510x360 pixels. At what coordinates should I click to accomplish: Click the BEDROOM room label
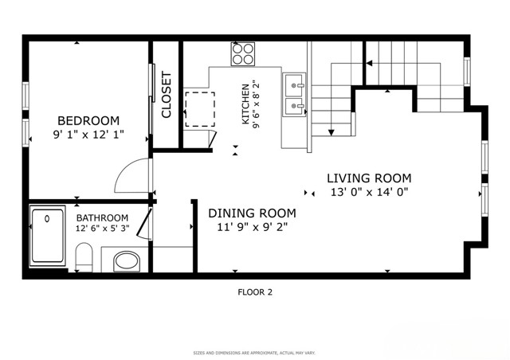coord(88,120)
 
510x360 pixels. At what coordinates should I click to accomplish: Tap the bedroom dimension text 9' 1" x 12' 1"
coord(88,135)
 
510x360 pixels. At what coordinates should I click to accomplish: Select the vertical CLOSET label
coord(167,96)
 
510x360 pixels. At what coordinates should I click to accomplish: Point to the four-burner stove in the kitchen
coord(243,54)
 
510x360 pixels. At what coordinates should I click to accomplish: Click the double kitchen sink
coord(294,94)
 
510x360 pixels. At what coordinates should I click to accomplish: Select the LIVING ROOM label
coord(369,178)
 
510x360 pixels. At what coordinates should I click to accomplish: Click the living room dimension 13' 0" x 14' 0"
coord(369,193)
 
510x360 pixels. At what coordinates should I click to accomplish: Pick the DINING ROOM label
coord(252,213)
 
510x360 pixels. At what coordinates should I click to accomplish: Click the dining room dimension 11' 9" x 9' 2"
coord(252,228)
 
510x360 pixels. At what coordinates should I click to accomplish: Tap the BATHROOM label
coord(102,217)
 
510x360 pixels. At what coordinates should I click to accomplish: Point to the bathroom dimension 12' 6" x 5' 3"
coord(102,229)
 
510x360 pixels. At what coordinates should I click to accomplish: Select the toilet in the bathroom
coord(84,258)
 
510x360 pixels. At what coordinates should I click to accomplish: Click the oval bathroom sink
coord(125,260)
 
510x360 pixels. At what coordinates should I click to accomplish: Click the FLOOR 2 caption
coord(255,292)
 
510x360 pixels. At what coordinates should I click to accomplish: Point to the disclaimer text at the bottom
coord(255,352)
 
